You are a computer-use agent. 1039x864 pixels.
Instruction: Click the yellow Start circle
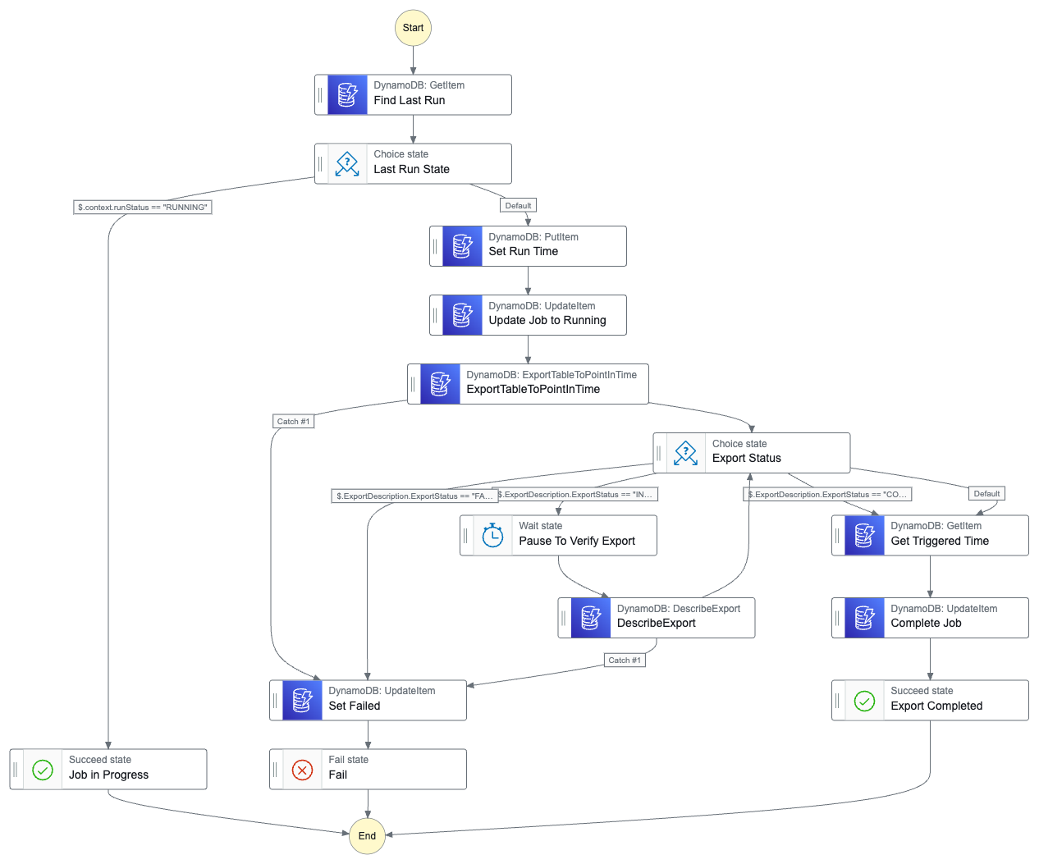(413, 28)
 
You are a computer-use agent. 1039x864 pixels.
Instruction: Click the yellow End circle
(367, 835)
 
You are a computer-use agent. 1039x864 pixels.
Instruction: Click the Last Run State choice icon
(347, 164)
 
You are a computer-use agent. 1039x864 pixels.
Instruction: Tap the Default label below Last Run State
(518, 206)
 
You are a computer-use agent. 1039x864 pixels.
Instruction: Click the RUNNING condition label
(143, 208)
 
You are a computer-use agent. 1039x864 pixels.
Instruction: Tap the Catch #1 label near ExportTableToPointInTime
(293, 422)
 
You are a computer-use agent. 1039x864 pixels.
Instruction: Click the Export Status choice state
(751, 453)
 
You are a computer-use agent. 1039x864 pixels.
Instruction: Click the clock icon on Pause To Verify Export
(492, 536)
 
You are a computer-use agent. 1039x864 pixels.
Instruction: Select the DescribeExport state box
(657, 618)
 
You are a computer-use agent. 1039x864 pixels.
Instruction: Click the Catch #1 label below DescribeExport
(625, 661)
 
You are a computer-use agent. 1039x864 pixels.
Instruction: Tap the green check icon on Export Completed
(864, 701)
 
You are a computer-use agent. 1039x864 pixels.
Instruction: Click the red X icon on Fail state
(302, 770)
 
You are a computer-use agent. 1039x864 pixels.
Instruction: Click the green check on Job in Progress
(43, 770)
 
